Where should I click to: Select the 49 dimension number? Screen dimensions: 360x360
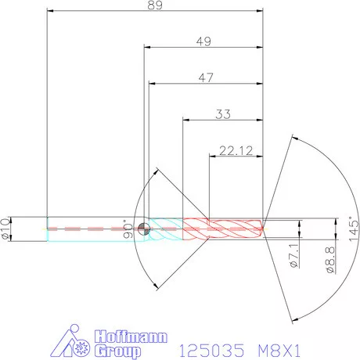pos(203,43)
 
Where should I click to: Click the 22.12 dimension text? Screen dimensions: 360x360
pos(235,151)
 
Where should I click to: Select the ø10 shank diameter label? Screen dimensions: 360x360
pos(5,228)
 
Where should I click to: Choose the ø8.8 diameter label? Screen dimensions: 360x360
pos(330,259)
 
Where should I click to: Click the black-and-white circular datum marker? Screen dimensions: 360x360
pos(143,229)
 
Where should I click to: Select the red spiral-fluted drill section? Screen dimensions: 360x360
pos(223,229)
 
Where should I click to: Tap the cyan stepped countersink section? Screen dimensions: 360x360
pos(166,229)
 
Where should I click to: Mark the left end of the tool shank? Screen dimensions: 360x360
pos(48,229)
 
